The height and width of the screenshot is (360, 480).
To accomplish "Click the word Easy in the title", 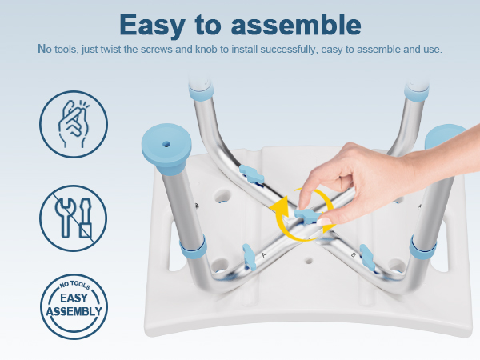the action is pos(152,26).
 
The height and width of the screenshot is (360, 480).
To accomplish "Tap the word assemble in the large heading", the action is pos(296,24).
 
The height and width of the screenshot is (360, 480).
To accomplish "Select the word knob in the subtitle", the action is pos(207,50).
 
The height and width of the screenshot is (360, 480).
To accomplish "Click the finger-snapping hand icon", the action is pos(74,124).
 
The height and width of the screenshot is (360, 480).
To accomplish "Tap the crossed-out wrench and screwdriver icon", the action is pos(74,218).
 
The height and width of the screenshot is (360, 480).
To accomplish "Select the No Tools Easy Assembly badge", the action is pos(74,306).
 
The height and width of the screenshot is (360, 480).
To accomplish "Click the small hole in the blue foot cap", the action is pos(166,143).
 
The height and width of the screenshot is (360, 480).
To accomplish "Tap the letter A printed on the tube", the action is pos(264,254).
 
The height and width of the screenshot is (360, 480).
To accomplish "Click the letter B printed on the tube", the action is pos(354,254).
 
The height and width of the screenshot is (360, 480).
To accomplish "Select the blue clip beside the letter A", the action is pos(250,257).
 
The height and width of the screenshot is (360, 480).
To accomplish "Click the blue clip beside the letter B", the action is pos(367,257).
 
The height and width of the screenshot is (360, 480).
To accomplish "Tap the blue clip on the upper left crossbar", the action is pos(252,174).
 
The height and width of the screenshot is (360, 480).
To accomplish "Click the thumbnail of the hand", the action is pos(324,222).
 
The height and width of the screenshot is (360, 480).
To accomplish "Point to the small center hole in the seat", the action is pos(309,261).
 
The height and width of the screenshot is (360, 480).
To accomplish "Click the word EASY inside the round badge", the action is pos(74,298).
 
